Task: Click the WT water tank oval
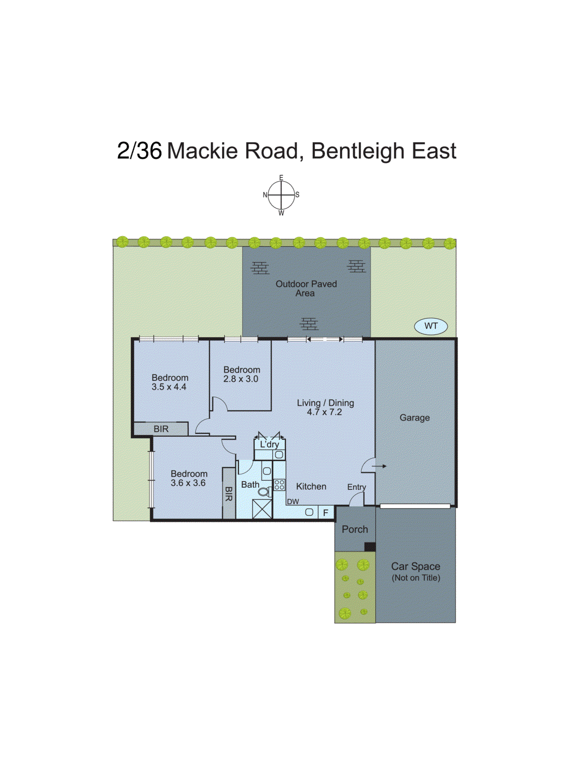430,326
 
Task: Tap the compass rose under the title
281,195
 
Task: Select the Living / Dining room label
325,403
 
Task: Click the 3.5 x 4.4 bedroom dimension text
168,387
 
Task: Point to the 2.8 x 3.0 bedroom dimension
241,379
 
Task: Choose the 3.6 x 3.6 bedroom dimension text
188,483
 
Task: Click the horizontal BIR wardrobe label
161,429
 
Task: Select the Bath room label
250,484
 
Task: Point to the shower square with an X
262,509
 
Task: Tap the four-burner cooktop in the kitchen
279,484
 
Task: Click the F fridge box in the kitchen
326,513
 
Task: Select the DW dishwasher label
293,501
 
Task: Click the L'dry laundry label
269,445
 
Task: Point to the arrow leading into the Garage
379,466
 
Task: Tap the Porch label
354,529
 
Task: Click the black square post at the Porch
370,547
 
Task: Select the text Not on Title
416,578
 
